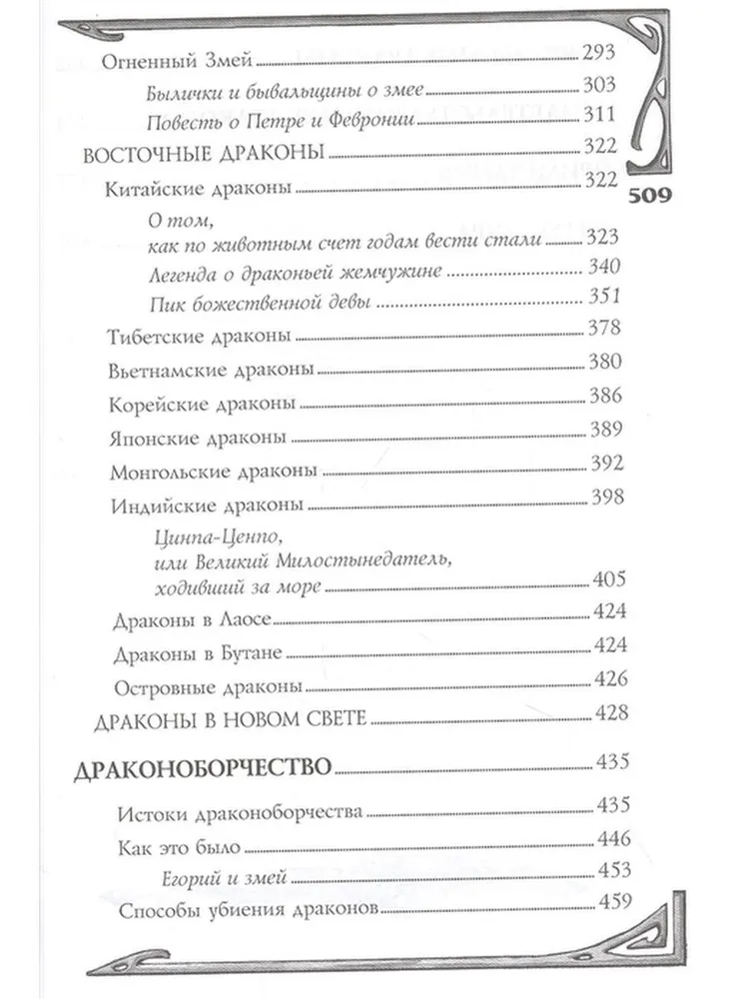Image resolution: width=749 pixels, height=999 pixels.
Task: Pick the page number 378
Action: click(x=605, y=328)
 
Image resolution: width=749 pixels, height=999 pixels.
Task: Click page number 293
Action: click(x=605, y=56)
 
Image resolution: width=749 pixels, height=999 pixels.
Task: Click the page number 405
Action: click(x=605, y=580)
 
